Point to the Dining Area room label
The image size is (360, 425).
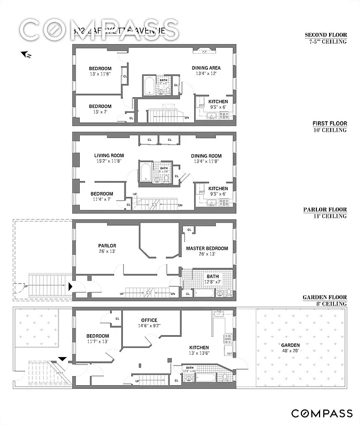206,68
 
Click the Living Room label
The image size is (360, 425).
108,156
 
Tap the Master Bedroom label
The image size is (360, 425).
207,249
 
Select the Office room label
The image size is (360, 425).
149,320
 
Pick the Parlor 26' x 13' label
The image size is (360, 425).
107,246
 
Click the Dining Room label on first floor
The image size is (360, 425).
206,156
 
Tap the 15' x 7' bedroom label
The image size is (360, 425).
100,106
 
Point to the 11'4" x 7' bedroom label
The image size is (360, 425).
101,194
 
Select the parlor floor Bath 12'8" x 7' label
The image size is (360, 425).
213,276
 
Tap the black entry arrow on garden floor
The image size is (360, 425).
62,359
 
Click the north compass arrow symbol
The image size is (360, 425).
25,54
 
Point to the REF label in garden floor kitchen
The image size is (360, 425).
229,353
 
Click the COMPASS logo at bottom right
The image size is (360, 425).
321,413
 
